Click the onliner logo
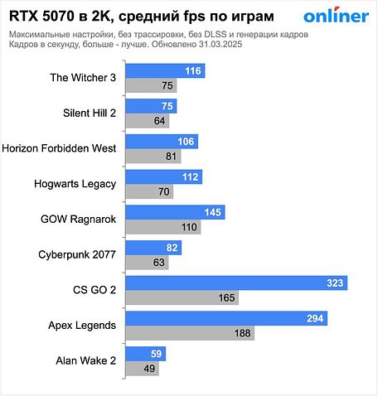coord(336,17)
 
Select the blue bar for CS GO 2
coord(237,283)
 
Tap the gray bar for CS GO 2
coord(183,297)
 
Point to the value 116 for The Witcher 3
coord(194,72)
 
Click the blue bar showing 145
coord(176,212)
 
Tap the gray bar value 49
coord(150,369)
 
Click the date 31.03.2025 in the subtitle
coord(237,46)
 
